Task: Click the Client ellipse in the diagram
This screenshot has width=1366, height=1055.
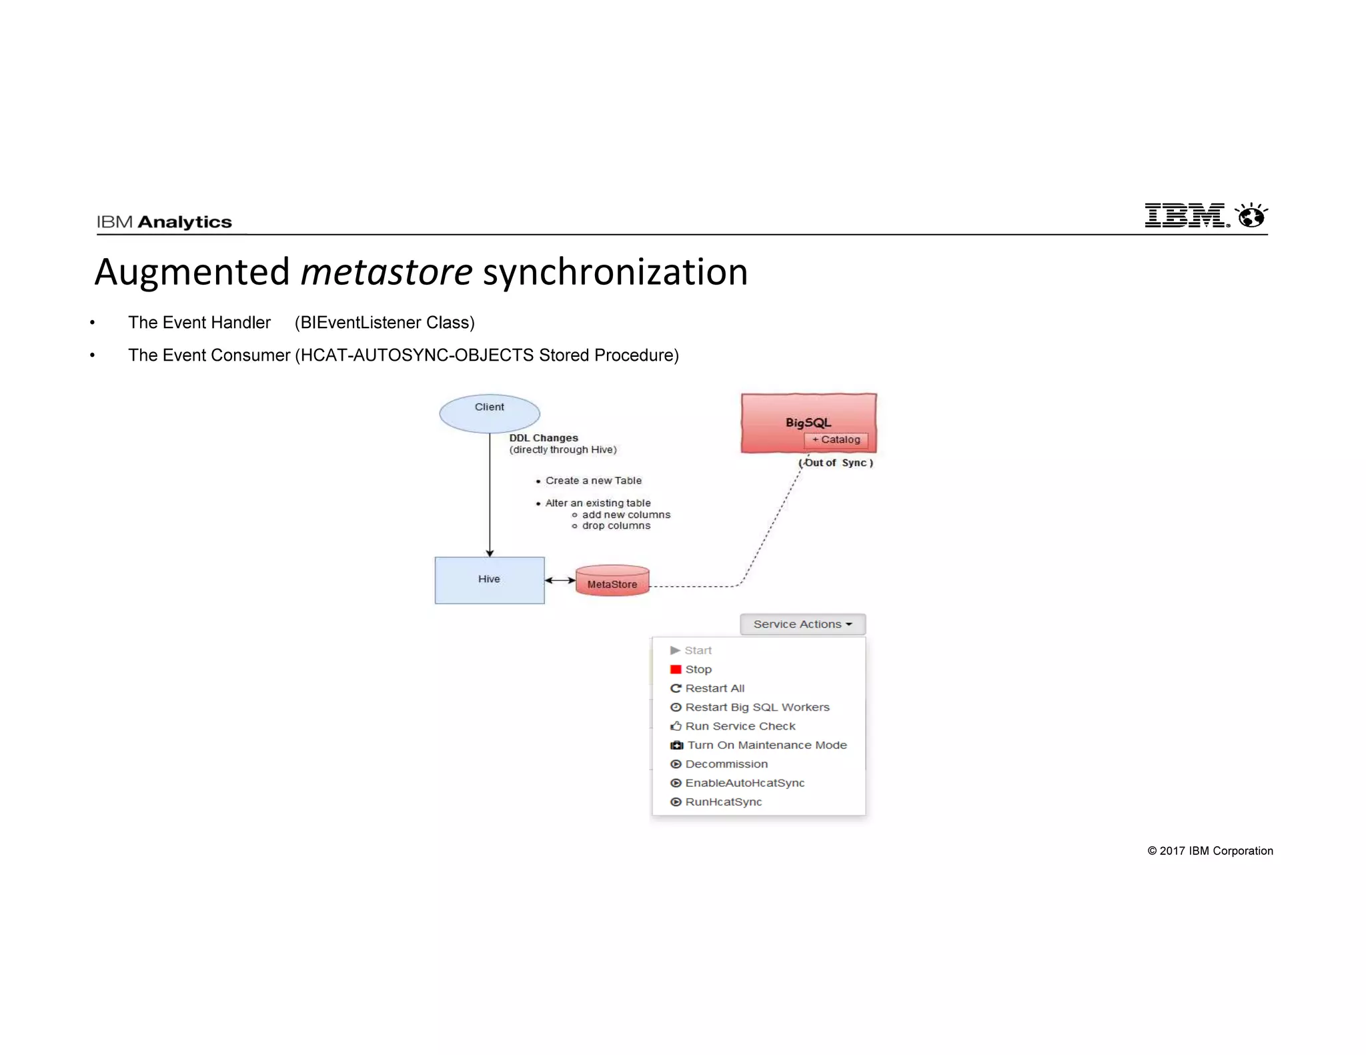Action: click(489, 413)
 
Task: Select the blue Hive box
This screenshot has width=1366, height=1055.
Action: click(489, 580)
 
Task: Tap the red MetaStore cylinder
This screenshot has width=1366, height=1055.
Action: click(612, 582)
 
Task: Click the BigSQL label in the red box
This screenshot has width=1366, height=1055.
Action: click(808, 422)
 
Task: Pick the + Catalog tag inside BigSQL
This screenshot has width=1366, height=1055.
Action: click(836, 439)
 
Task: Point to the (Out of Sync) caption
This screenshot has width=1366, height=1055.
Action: click(836, 463)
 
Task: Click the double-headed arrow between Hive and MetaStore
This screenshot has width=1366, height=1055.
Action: click(560, 580)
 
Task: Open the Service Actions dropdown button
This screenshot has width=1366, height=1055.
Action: click(802, 624)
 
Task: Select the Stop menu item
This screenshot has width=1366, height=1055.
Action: click(698, 669)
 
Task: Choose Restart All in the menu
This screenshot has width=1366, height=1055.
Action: click(714, 688)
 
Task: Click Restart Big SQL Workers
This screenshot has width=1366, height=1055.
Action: click(756, 707)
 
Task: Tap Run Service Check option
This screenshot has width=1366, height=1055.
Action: click(740, 726)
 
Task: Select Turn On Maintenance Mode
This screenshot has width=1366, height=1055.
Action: click(766, 745)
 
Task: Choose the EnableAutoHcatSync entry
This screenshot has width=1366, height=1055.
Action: click(744, 783)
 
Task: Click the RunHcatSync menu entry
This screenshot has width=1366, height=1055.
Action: click(723, 802)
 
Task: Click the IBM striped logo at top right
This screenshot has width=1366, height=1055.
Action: click(1186, 215)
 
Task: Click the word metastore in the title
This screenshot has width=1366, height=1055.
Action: click(386, 272)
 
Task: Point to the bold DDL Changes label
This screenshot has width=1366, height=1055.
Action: click(543, 438)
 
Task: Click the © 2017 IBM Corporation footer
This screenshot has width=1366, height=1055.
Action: click(1209, 851)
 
